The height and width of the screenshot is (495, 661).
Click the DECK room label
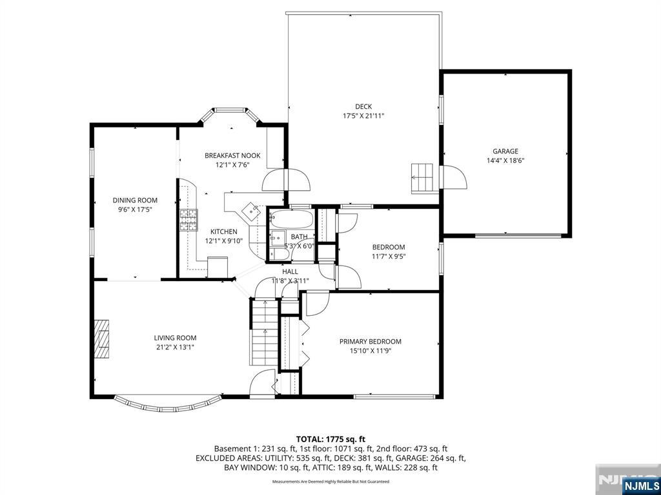(x=363, y=107)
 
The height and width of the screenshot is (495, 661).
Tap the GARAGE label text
(x=505, y=151)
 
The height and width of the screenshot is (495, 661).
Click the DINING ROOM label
(x=135, y=200)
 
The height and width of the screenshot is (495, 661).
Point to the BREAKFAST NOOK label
(x=232, y=155)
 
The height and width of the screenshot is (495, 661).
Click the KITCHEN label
(x=223, y=232)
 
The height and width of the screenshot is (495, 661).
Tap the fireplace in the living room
(x=102, y=339)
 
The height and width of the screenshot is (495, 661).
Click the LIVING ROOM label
(x=175, y=338)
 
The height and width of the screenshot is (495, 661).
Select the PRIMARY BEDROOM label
(x=371, y=342)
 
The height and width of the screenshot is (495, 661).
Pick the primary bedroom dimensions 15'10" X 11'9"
(x=371, y=351)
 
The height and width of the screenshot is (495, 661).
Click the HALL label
(x=290, y=271)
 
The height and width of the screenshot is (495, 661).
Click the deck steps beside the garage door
(x=423, y=177)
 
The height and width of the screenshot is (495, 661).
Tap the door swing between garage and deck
(x=454, y=177)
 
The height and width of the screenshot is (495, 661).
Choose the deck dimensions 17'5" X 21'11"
(x=363, y=116)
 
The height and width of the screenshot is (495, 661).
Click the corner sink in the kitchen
(x=249, y=209)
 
